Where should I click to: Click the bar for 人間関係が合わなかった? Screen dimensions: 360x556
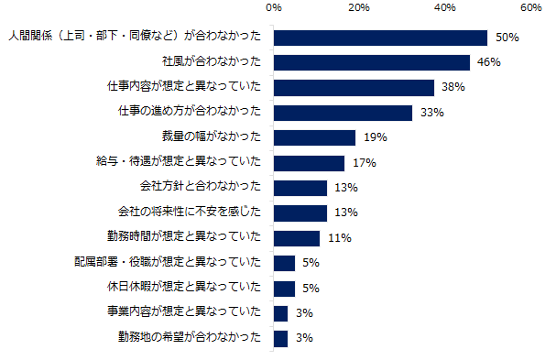(380, 38)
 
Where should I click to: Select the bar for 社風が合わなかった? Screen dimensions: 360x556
(372, 63)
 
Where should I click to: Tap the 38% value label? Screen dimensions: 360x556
(453, 88)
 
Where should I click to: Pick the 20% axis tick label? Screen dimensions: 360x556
(359, 8)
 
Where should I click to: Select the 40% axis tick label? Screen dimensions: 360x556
(445, 8)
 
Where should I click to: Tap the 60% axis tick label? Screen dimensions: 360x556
(531, 8)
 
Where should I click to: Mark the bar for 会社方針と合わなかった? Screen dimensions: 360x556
(300, 188)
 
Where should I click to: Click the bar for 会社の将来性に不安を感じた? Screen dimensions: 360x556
(300, 213)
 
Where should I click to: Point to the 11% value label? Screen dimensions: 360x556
(340, 238)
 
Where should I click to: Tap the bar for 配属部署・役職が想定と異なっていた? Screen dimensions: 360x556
(284, 263)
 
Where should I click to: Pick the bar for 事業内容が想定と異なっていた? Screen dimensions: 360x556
(280, 312)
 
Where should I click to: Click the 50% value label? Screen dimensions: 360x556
(507, 38)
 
